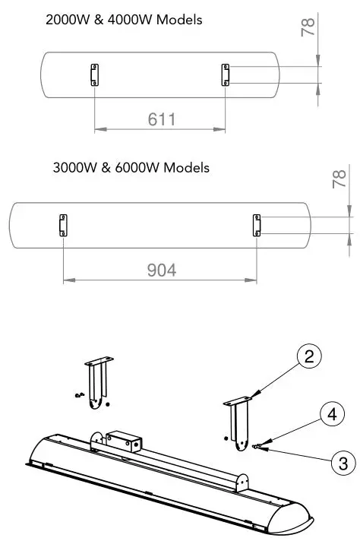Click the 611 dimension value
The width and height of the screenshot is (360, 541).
point(160,119)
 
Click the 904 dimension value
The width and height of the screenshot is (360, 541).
point(160,269)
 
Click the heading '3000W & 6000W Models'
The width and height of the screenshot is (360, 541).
point(131,167)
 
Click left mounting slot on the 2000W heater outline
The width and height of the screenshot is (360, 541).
point(94,74)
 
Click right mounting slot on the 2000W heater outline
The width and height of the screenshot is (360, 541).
point(226,74)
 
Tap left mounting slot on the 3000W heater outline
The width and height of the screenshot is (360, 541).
point(62,225)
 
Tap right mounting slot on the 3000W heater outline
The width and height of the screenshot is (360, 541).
point(257,225)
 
